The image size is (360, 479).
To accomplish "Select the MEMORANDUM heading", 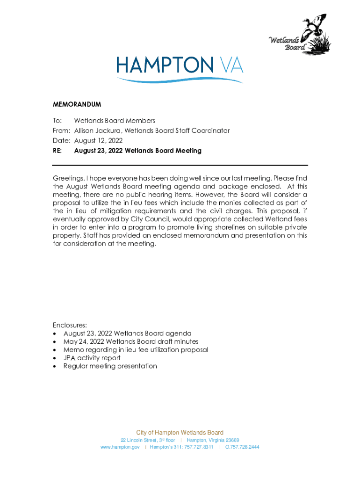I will pyautogui.click(x=77, y=104).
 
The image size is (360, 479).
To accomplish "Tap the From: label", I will pyautogui.click(x=61, y=131).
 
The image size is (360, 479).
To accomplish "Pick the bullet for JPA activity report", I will pyautogui.click(x=56, y=358).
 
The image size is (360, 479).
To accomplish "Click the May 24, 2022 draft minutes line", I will pyautogui.click(x=131, y=341).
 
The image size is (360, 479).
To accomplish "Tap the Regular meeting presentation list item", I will pyautogui.click(x=110, y=366).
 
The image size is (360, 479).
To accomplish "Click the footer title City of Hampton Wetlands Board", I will pyautogui.click(x=180, y=433).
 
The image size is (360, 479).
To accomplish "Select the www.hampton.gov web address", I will pyautogui.click(x=120, y=447).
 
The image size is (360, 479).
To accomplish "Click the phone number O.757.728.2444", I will pyautogui.click(x=242, y=447).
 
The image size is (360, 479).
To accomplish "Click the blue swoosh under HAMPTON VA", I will pyautogui.click(x=180, y=80).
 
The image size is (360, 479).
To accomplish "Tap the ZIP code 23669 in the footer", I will pyautogui.click(x=232, y=440).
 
